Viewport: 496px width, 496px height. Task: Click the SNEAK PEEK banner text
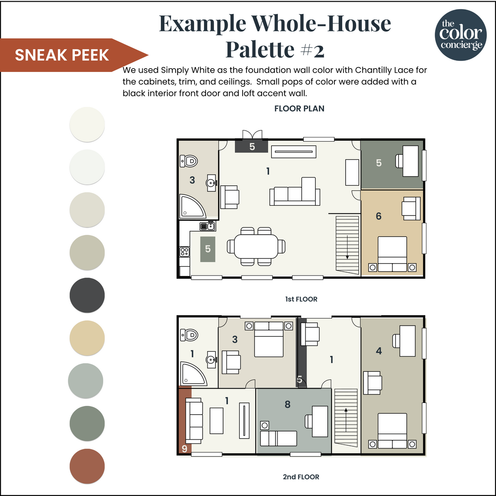click(62, 55)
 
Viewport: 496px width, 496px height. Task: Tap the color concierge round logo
click(461, 35)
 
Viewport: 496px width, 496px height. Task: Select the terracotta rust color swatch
click(87, 466)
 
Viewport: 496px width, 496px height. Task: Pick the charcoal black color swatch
click(87, 295)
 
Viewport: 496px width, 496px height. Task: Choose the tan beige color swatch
click(87, 338)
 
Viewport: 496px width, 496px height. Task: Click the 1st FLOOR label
click(301, 299)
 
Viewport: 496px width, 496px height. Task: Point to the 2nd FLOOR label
click(301, 477)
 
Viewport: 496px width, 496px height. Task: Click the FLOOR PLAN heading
click(299, 109)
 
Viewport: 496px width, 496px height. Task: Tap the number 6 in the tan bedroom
click(378, 216)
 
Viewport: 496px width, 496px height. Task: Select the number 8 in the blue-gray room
click(287, 405)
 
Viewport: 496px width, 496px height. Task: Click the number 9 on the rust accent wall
click(184, 449)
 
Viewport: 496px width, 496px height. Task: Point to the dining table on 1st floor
click(256, 246)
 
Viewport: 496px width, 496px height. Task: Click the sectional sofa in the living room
click(294, 192)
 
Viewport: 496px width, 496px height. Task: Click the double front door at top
click(252, 135)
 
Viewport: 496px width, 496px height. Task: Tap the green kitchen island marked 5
click(208, 249)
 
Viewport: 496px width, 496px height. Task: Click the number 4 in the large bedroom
click(378, 351)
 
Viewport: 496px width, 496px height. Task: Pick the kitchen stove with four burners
click(184, 251)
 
